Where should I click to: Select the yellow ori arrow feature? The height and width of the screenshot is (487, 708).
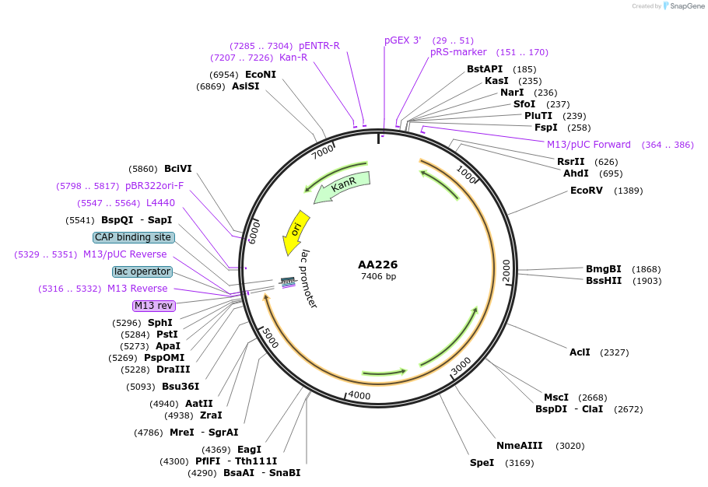[296, 231]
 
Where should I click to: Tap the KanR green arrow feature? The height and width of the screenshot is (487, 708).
[342, 187]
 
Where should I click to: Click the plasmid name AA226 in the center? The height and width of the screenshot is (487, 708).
[378, 265]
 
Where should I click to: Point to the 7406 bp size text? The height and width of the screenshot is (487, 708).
[378, 277]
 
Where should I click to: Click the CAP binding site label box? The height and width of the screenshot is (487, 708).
[133, 237]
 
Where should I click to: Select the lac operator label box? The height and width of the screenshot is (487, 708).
[142, 272]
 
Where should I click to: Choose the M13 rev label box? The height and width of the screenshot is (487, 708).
[153, 306]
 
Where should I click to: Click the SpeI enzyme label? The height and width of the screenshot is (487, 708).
[482, 463]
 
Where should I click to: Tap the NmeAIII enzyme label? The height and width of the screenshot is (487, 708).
[519, 446]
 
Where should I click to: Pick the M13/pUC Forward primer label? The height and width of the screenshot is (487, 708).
[588, 145]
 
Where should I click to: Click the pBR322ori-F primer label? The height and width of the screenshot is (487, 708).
[154, 186]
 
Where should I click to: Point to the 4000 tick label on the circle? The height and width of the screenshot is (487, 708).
[359, 395]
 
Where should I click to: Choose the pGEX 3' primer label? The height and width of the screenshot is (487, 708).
[402, 40]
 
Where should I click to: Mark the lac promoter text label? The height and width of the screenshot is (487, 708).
[309, 279]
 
